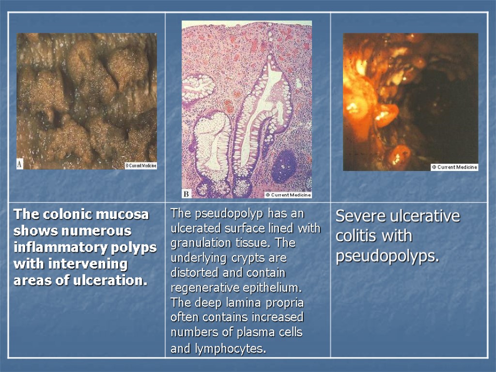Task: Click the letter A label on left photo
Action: (20, 164)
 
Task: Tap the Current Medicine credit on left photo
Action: (140, 166)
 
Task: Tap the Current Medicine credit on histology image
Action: (288, 195)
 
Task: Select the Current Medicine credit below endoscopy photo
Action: (454, 167)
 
